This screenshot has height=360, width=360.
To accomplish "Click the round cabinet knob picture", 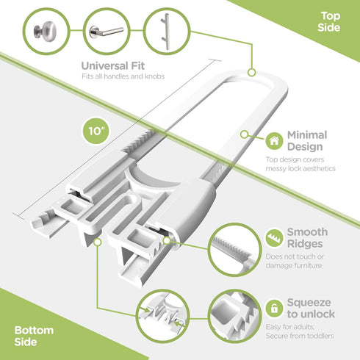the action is (46, 31).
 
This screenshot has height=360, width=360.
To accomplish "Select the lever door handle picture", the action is (107, 31).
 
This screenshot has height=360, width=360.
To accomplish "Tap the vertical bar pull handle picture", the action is (167, 31).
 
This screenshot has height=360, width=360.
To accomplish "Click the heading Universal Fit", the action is (112, 65).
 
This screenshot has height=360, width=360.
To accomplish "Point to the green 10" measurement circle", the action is (96, 131).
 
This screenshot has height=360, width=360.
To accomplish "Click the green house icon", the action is (274, 141).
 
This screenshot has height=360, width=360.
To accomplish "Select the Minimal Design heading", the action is (307, 141).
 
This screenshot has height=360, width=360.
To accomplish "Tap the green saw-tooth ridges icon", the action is (274, 238).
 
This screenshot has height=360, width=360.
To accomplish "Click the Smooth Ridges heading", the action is (307, 237).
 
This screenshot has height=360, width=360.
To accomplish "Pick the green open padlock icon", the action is (274, 309).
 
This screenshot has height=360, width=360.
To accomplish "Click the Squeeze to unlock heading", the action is (311, 308).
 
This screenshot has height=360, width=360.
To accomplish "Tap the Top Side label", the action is (329, 21).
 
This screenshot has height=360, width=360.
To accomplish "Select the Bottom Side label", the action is (34, 336).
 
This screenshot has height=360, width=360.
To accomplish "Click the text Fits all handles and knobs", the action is (123, 76).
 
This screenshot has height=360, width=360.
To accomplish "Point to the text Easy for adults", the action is (290, 327).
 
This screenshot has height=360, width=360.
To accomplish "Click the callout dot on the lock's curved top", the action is (251, 73).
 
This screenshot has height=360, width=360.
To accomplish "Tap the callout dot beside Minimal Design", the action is (244, 134).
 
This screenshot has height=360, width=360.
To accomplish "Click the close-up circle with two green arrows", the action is (162, 315).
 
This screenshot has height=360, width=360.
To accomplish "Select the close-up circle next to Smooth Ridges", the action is (234, 250).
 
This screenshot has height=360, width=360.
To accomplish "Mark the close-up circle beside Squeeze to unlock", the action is (234, 316).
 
